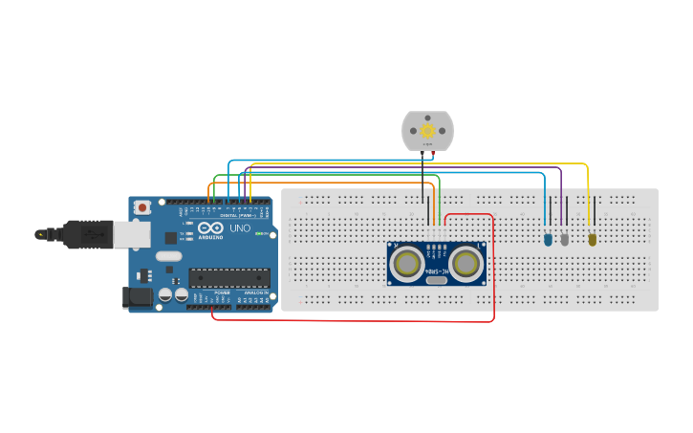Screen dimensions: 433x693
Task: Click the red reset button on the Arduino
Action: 142,206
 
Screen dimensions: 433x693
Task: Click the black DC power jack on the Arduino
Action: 139,297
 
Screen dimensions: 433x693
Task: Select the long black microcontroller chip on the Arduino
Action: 228,277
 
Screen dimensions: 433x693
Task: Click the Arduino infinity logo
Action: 209,230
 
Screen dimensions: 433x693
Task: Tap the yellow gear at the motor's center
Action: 427,131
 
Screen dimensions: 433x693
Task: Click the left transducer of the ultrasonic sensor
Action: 407,262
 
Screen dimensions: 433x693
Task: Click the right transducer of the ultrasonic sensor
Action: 466,262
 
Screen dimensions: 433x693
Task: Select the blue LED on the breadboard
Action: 548,239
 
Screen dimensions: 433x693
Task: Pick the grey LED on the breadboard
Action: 565,239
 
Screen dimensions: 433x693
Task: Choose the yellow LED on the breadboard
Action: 592,239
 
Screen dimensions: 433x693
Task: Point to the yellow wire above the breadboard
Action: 430,164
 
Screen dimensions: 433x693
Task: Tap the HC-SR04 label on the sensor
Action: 437,271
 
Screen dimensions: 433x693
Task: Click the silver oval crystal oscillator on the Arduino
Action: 168,255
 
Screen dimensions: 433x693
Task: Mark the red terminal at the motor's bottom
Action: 433,152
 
